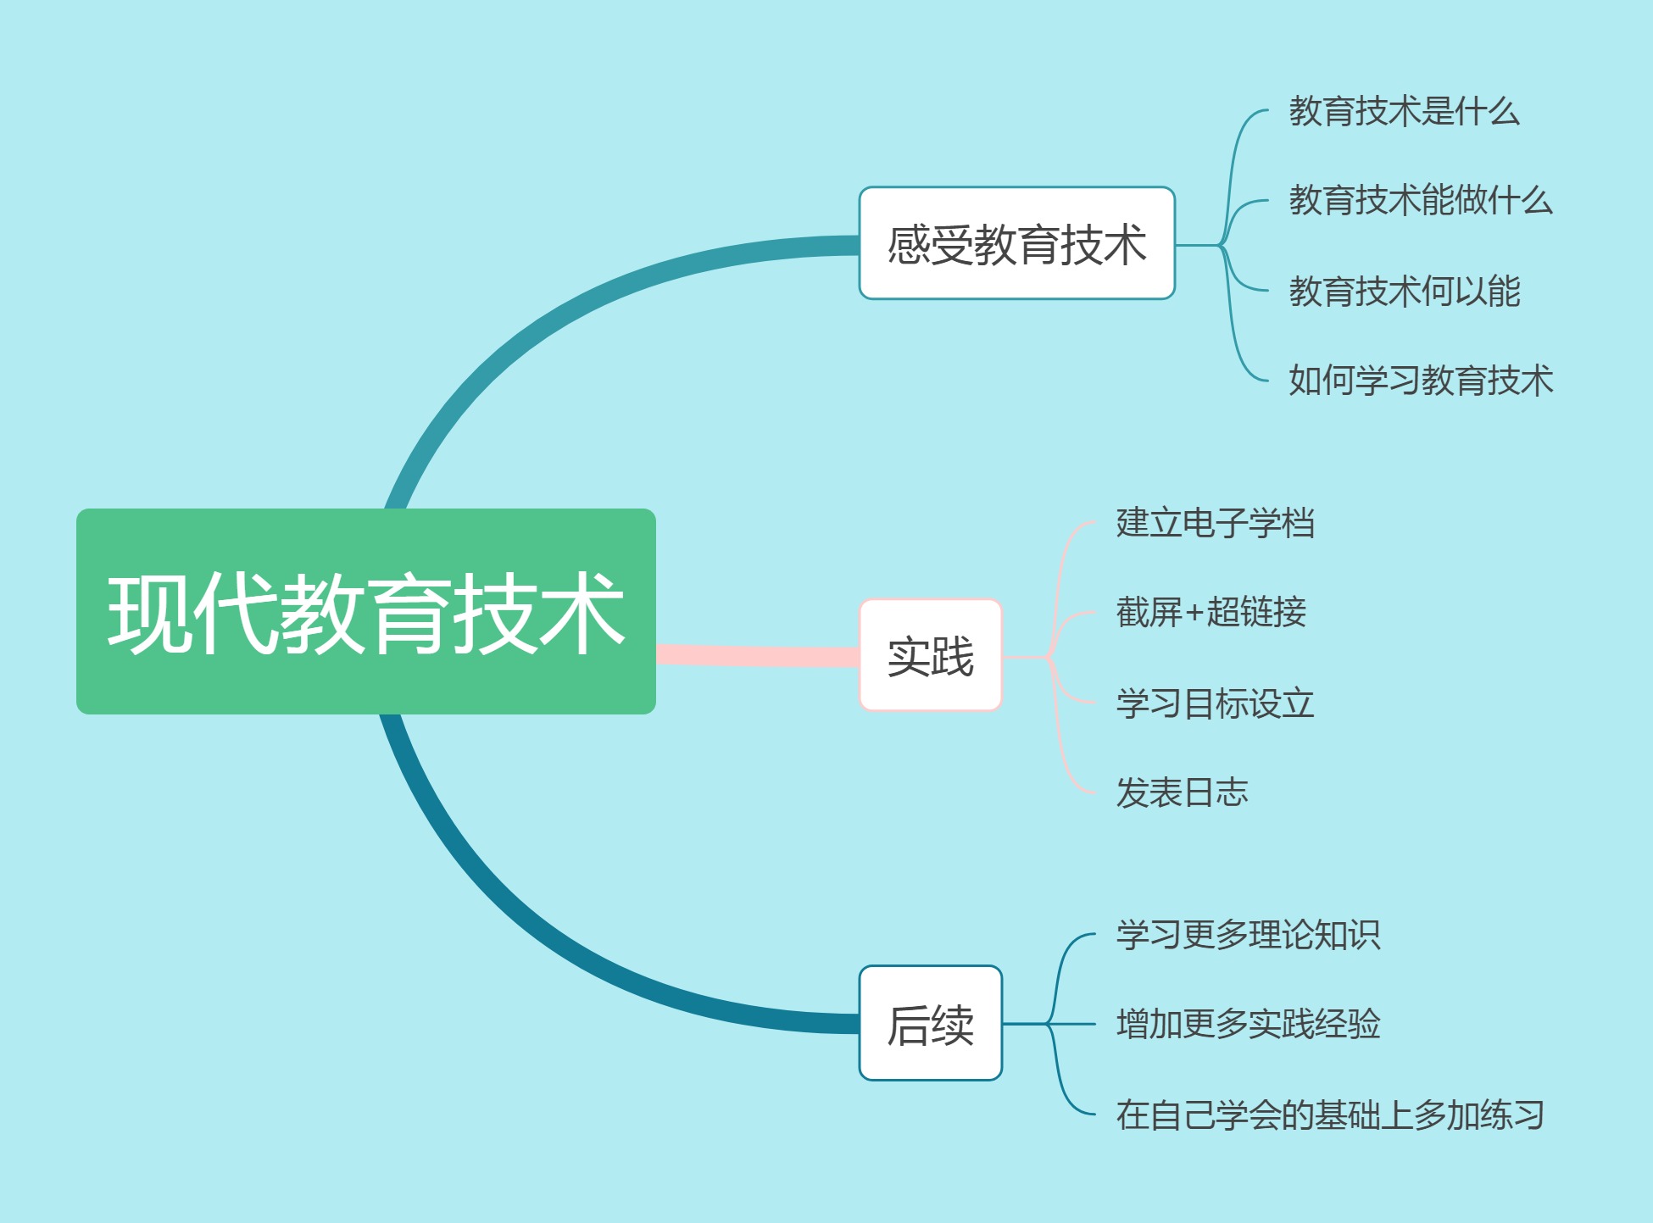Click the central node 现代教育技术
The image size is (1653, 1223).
(366, 611)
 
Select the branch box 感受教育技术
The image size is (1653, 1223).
(1016, 243)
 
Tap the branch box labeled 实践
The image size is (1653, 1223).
(931, 655)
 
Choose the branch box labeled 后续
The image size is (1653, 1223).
(931, 1023)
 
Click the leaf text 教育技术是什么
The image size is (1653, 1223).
(1404, 111)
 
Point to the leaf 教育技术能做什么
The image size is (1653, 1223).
(1421, 200)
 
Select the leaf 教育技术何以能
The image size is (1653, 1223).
(1404, 291)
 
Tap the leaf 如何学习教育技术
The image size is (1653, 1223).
(1421, 380)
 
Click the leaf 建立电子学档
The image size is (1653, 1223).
(1215, 523)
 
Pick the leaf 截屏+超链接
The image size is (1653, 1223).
(1211, 612)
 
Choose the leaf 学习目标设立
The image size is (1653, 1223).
(1215, 703)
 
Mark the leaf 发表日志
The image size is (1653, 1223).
(1182, 792)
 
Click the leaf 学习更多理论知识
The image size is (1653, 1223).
(1248, 935)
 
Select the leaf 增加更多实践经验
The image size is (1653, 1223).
(1248, 1024)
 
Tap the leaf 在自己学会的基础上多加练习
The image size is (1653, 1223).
(1330, 1115)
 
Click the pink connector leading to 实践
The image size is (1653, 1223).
(758, 655)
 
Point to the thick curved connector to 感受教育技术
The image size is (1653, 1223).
(543, 315)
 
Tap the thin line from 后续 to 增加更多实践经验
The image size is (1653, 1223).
(1049, 1024)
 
